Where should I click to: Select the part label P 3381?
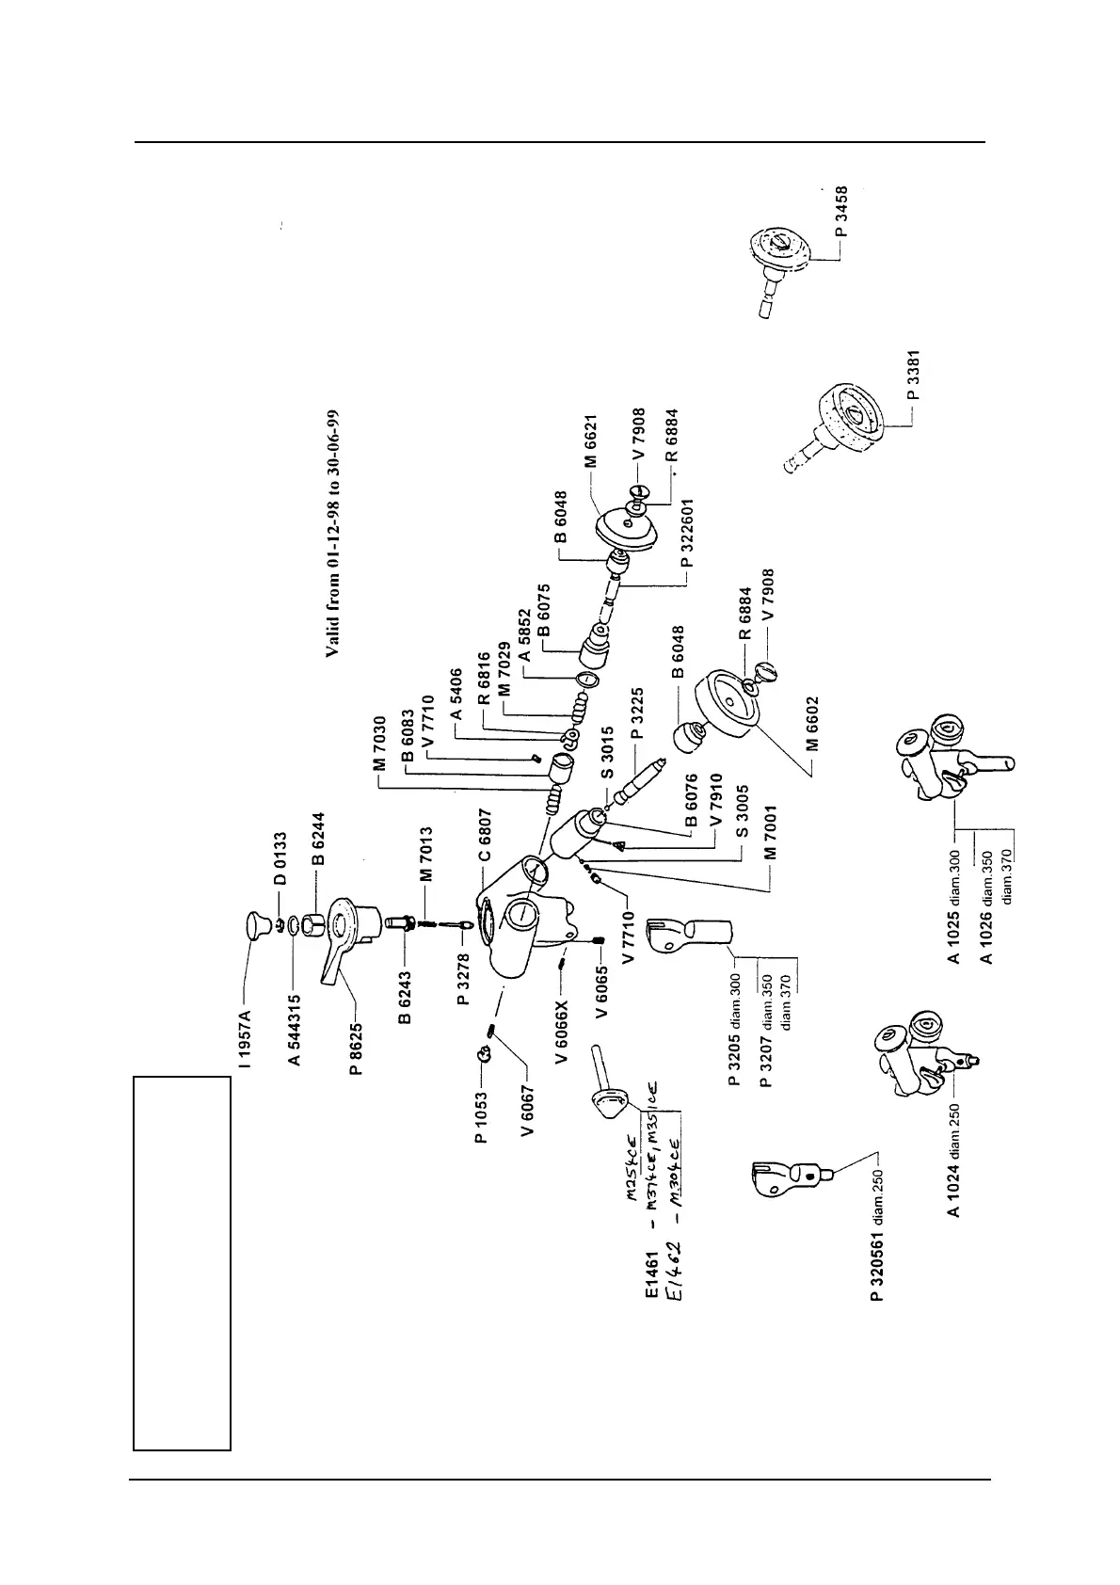pyautogui.click(x=914, y=375)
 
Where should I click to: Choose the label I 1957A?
pyautogui.click(x=247, y=1038)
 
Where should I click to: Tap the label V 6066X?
pyautogui.click(x=563, y=1032)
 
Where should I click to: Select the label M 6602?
pyautogui.click(x=813, y=723)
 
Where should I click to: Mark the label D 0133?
pyautogui.click(x=280, y=858)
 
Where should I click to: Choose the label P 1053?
pyautogui.click(x=481, y=1117)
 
